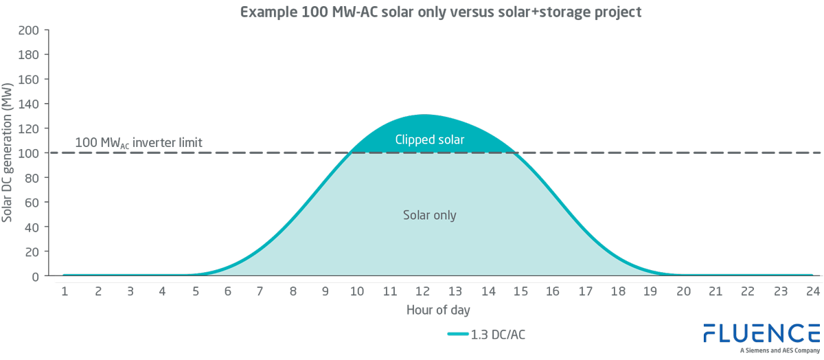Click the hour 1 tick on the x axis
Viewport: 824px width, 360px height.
point(64,291)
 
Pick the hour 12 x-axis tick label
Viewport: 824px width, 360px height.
point(423,291)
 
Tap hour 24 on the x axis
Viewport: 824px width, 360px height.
point(813,291)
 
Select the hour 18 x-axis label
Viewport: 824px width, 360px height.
point(618,291)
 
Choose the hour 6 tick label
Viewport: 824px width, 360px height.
point(227,291)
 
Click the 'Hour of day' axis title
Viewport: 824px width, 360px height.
point(438,310)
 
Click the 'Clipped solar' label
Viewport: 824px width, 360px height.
point(430,140)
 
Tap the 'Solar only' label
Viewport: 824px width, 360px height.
point(430,215)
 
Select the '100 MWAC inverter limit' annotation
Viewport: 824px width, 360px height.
point(138,143)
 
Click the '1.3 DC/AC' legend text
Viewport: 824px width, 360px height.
point(499,335)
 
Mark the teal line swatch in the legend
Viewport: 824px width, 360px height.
point(457,335)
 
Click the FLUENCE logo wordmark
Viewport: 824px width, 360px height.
point(762,333)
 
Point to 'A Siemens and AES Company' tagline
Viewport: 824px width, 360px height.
point(779,350)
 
